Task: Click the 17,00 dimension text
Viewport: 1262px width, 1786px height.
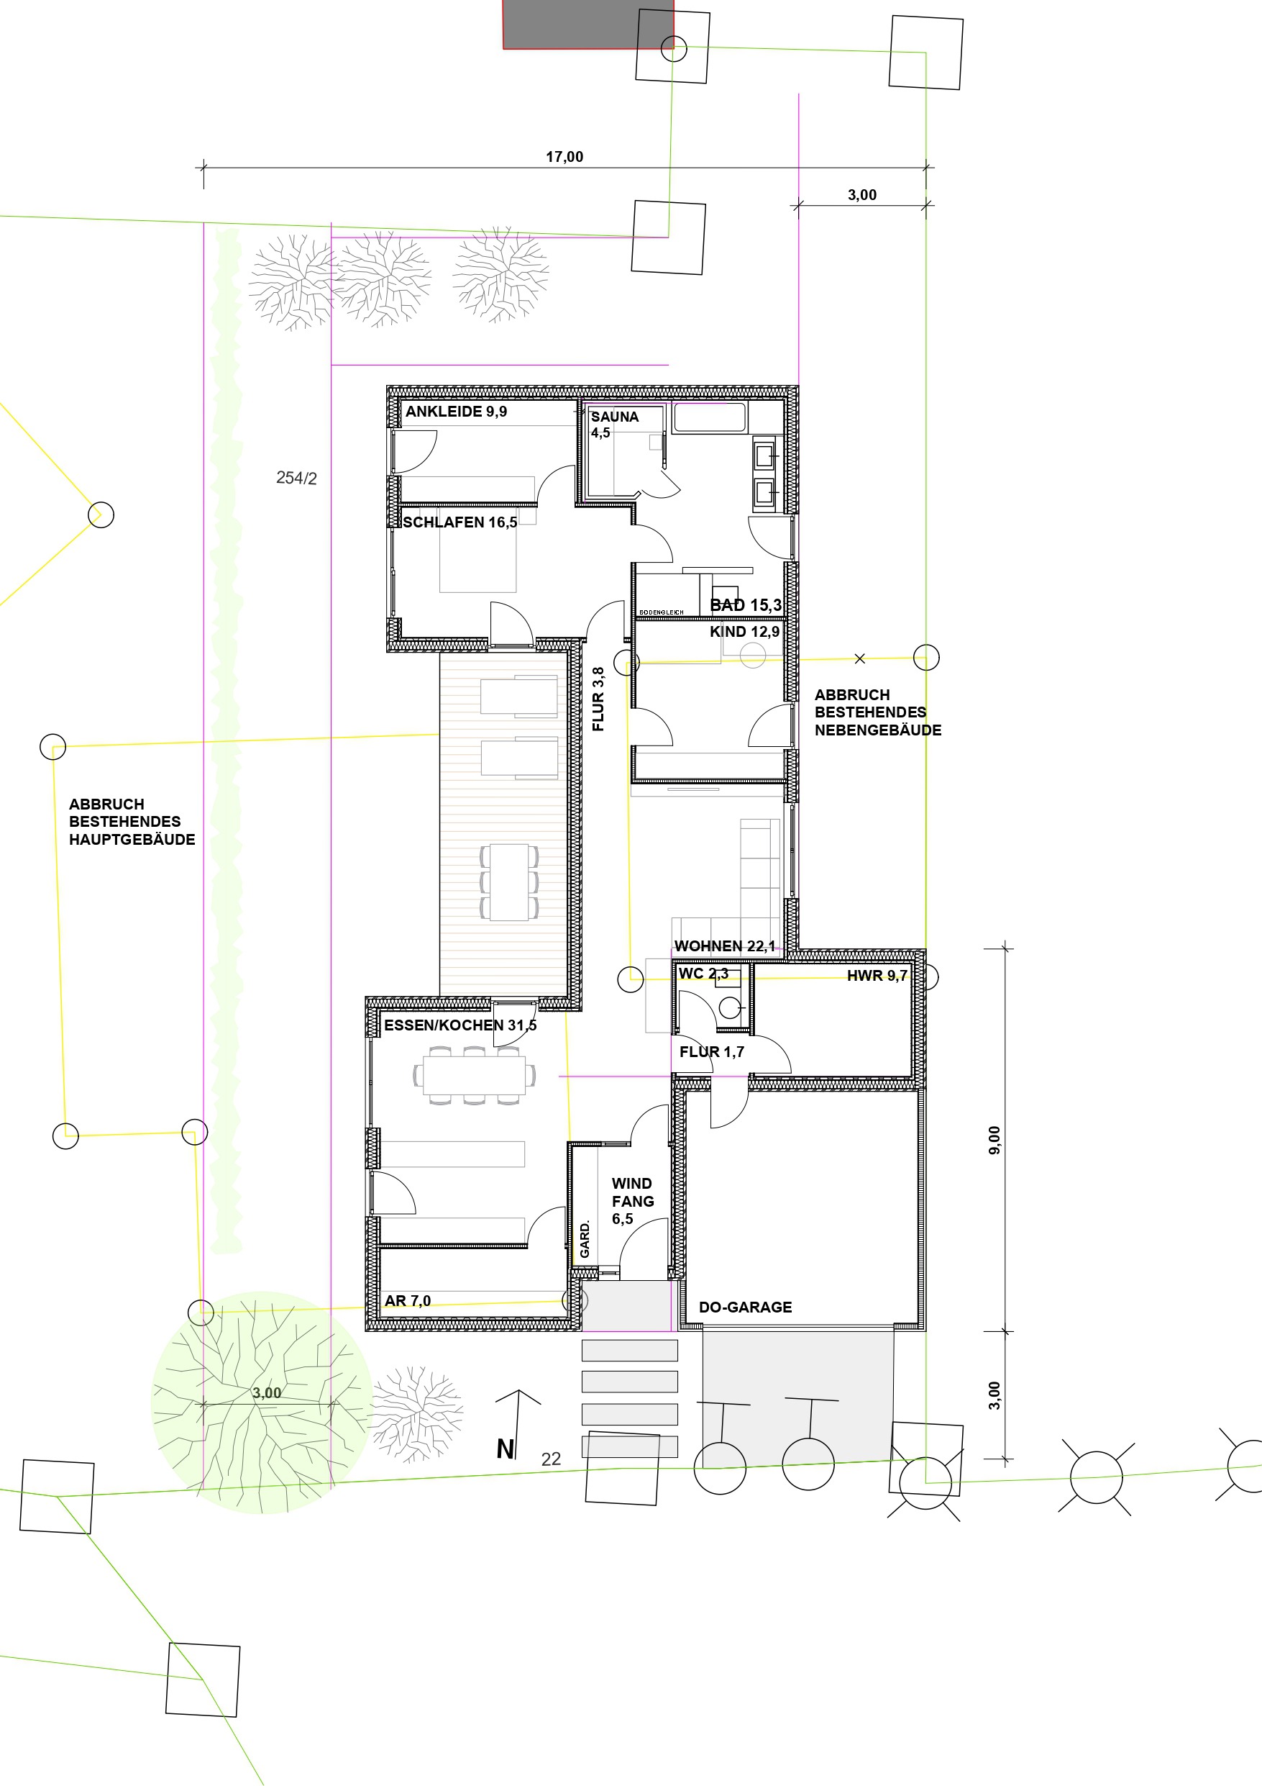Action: click(x=564, y=156)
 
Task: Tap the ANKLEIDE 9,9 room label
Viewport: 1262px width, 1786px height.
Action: click(x=456, y=412)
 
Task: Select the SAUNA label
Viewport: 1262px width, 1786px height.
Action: click(x=614, y=417)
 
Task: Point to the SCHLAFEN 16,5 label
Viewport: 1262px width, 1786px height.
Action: click(x=459, y=522)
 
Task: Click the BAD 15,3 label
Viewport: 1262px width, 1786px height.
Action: click(x=746, y=604)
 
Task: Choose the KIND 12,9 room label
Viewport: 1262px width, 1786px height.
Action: click(x=744, y=632)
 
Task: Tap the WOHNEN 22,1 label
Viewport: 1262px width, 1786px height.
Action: click(x=725, y=946)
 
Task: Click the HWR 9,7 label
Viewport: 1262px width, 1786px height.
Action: click(x=877, y=976)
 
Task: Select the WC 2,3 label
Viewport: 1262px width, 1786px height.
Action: click(x=703, y=973)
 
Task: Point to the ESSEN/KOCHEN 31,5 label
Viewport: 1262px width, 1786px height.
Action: click(x=460, y=1025)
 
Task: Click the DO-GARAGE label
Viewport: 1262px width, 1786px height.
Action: click(x=745, y=1307)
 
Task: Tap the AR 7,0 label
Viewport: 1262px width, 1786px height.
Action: click(x=408, y=1300)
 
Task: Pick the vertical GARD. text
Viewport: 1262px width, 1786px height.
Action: click(x=585, y=1238)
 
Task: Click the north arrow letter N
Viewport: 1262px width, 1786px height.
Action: click(x=506, y=1449)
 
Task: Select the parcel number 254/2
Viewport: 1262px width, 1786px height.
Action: click(x=296, y=479)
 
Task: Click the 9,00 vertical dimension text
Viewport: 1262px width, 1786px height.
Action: click(x=994, y=1140)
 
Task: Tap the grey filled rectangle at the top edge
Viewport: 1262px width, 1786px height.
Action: click(x=587, y=24)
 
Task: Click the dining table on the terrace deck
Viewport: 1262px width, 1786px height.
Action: click(x=509, y=882)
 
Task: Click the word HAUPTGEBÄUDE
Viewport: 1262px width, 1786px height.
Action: click(x=132, y=839)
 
